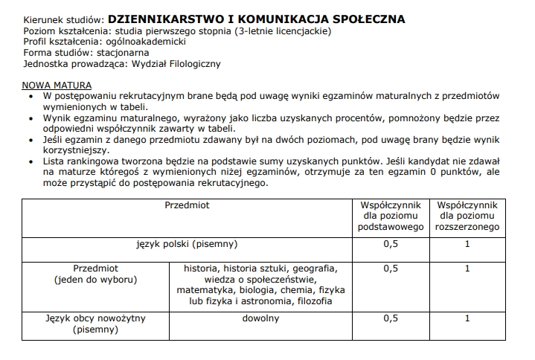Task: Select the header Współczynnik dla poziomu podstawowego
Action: pyautogui.click(x=391, y=214)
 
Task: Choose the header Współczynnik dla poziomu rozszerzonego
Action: pyautogui.click(x=468, y=214)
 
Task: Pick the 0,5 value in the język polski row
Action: pyautogui.click(x=391, y=243)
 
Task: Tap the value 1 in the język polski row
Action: pyautogui.click(x=467, y=243)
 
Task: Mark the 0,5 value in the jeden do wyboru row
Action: pyautogui.click(x=391, y=269)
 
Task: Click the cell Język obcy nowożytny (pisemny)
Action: pyautogui.click(x=95, y=324)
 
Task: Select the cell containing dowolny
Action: pyautogui.click(x=260, y=318)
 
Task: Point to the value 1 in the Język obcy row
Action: pyautogui.click(x=467, y=318)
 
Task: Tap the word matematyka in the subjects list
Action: pyautogui.click(x=201, y=290)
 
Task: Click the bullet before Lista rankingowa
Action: pyautogui.click(x=29, y=161)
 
